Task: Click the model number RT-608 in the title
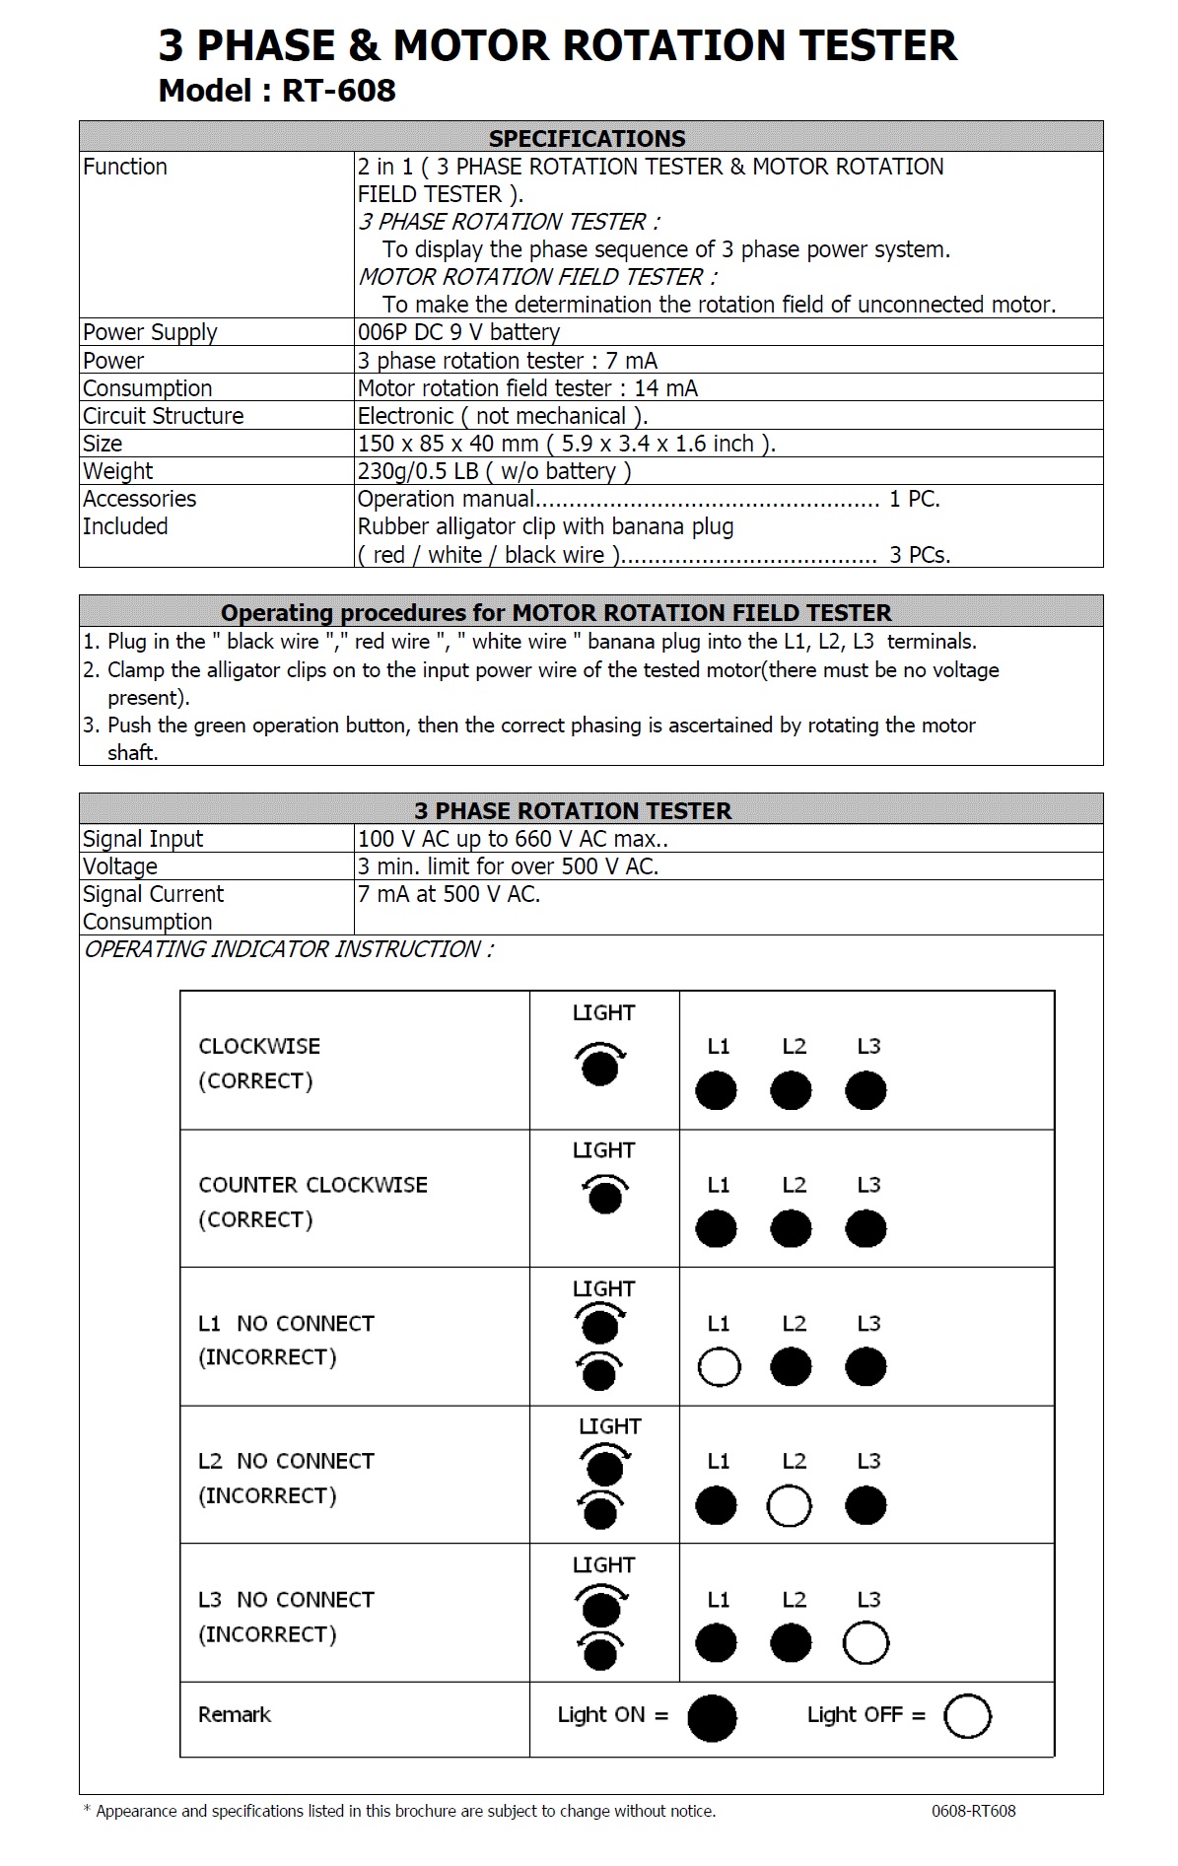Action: (x=338, y=91)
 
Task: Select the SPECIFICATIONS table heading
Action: (x=587, y=138)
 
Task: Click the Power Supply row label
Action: (x=150, y=332)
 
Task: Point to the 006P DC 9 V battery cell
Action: (x=458, y=332)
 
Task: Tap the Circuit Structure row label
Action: (x=163, y=416)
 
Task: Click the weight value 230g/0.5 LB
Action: (x=418, y=471)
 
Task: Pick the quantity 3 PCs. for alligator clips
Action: (x=919, y=555)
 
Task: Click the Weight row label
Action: (x=117, y=471)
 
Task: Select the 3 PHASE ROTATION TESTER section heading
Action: (x=573, y=810)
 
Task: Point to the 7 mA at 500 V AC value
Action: (x=449, y=894)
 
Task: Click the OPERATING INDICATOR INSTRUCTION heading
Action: (x=288, y=949)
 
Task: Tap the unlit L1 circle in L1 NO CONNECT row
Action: (x=719, y=1367)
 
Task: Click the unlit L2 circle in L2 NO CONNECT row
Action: (x=791, y=1505)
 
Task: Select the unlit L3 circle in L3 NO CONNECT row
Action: (x=866, y=1643)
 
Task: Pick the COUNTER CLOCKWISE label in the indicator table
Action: (x=312, y=1185)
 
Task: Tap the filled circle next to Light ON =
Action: (x=712, y=1717)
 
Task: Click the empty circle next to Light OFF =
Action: (x=967, y=1716)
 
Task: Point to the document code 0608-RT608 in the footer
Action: (x=973, y=1811)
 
